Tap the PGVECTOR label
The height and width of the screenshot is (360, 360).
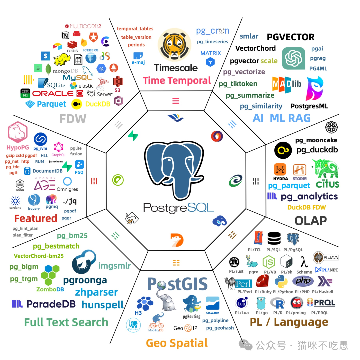coord(290,37)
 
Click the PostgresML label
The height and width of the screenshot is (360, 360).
coord(309,106)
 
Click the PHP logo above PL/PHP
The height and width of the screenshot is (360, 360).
coord(303,281)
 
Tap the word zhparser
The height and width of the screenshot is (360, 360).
coord(96,292)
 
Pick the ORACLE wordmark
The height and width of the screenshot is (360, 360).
coord(53,93)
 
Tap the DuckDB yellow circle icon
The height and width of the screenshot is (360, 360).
coord(77,104)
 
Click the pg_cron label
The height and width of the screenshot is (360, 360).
coord(212,31)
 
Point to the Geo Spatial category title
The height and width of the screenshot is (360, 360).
coord(177,343)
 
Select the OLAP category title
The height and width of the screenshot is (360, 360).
coord(310,220)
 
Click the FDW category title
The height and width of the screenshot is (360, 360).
coord(73,118)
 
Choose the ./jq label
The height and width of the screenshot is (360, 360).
coord(70,201)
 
